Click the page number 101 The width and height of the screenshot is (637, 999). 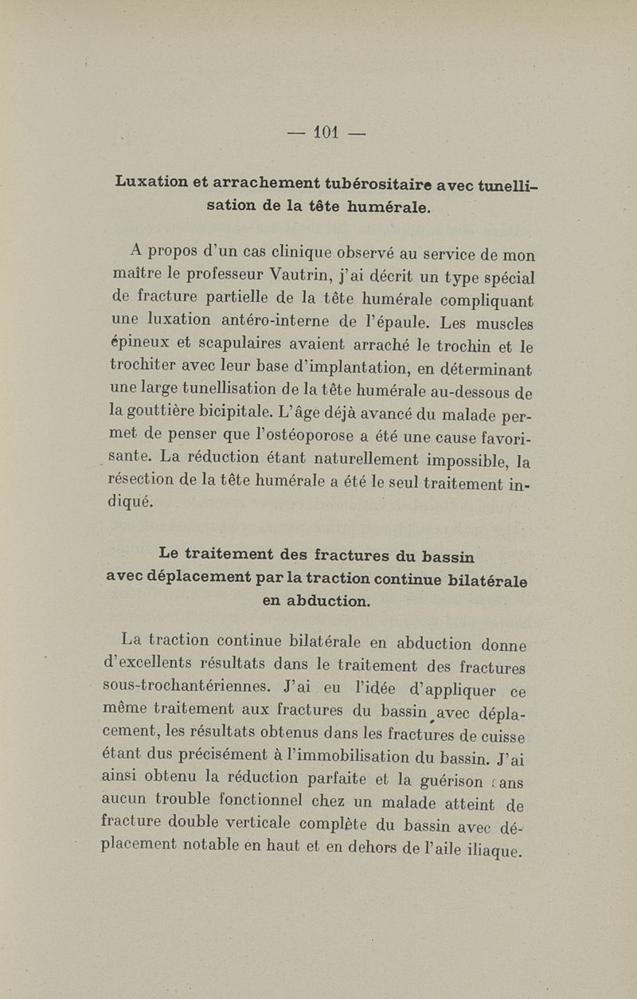(327, 131)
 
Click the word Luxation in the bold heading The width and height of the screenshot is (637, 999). (150, 182)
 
